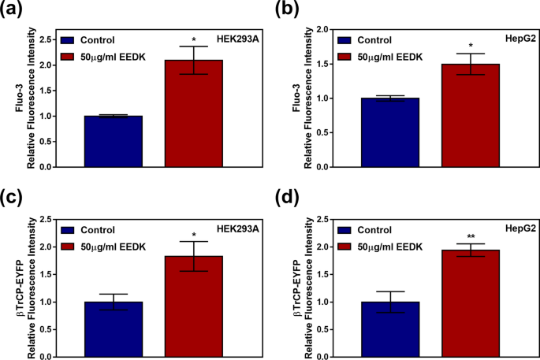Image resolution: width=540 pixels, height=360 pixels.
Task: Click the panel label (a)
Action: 14,9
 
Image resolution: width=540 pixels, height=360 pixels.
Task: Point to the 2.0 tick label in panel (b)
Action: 322,29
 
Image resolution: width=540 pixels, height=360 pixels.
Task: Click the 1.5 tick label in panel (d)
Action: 322,274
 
